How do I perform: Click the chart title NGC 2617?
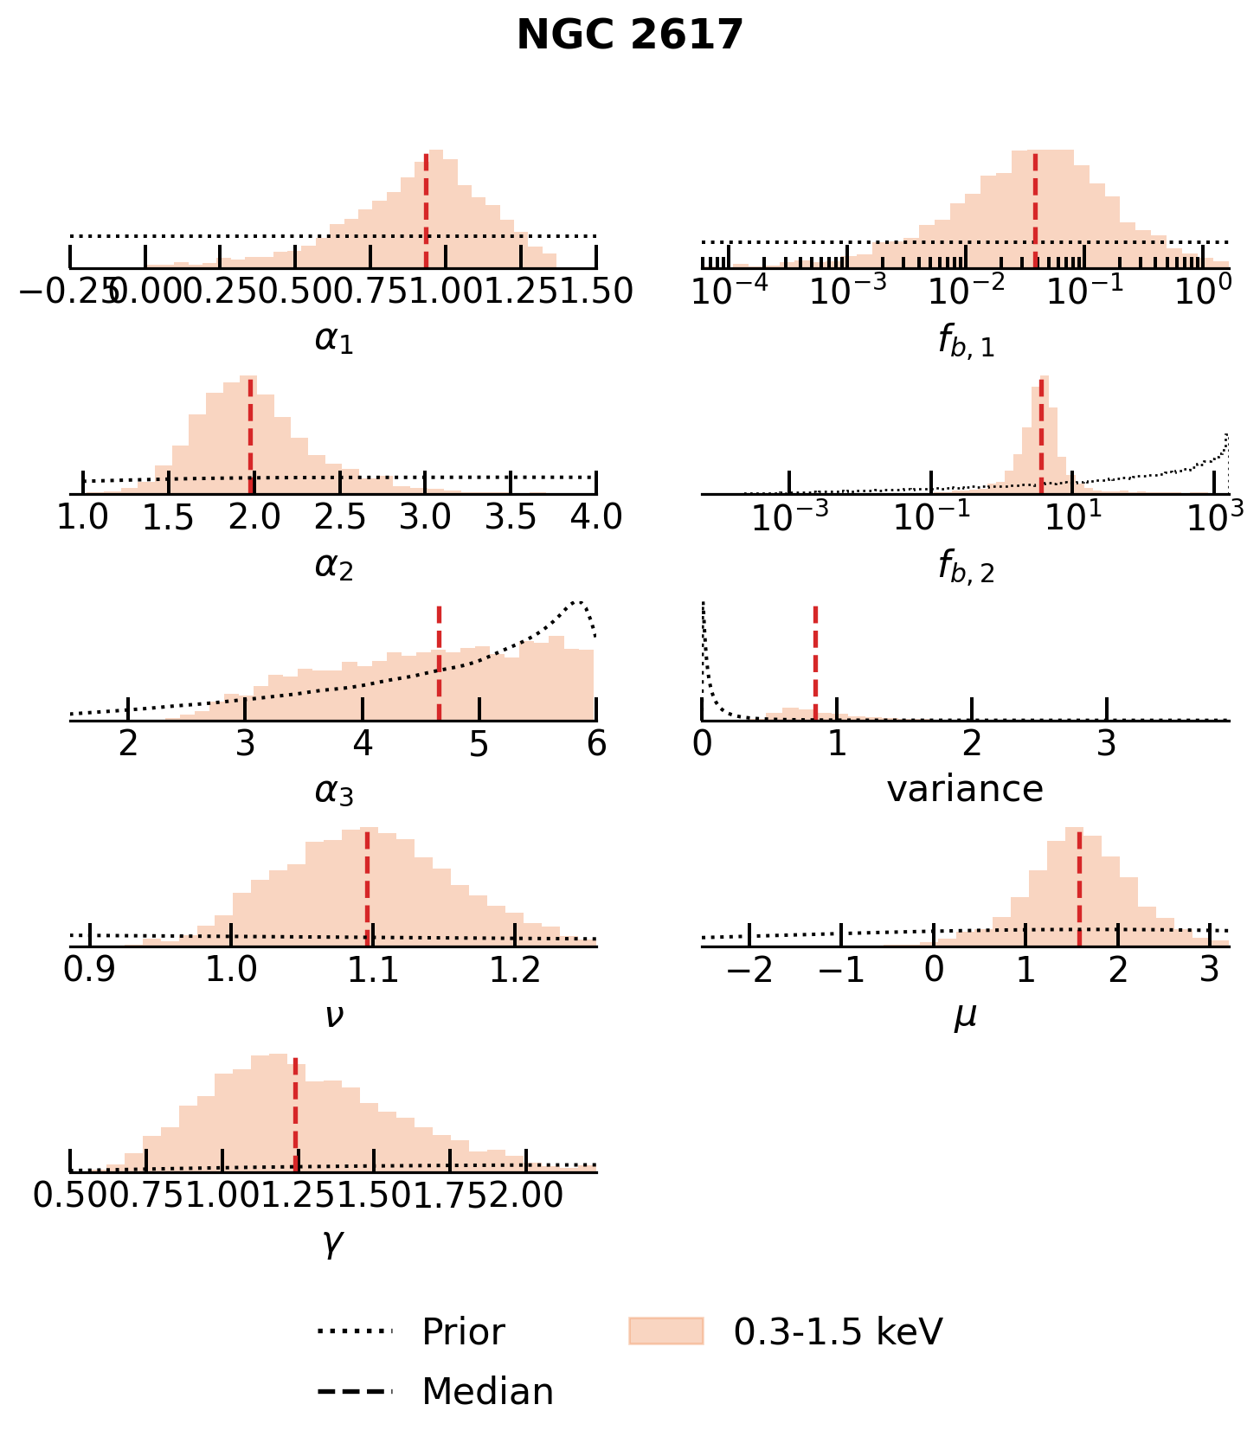[630, 36]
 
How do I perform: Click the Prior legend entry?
[462, 1331]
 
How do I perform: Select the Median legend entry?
[486, 1392]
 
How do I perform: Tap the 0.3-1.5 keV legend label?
[837, 1331]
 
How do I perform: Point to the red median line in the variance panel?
[815, 662]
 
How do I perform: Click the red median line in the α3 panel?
[440, 662]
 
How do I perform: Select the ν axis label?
[334, 1016]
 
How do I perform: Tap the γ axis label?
[333, 1242]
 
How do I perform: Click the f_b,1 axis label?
[966, 341]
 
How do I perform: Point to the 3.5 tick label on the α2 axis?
[511, 517]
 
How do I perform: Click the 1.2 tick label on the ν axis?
[516, 971]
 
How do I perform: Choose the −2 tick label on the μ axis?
[749, 971]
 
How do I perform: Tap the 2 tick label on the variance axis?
[972, 744]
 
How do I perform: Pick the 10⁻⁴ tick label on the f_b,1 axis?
[730, 292]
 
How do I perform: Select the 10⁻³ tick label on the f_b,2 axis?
[789, 517]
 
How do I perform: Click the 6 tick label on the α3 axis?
[596, 744]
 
